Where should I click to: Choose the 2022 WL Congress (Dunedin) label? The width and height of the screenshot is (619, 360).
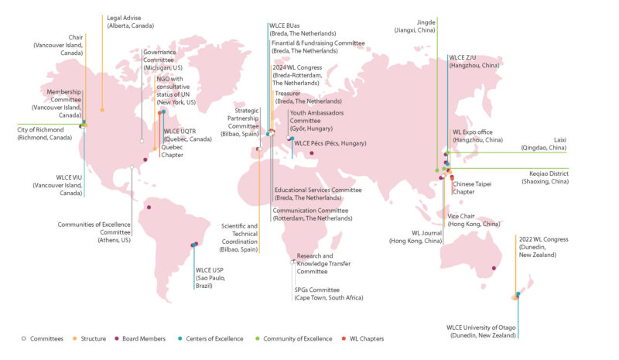(543, 246)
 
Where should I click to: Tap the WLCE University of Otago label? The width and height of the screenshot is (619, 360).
(480, 331)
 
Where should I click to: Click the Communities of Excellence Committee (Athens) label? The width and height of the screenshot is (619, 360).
(94, 232)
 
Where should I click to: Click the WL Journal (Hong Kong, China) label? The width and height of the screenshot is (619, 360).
(416, 237)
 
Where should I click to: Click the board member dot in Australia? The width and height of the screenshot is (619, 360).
(493, 268)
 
